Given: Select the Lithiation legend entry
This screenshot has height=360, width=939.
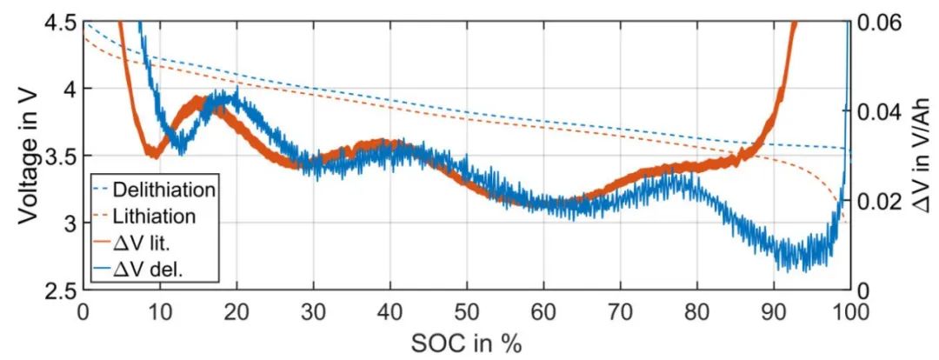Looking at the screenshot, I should point(166,215).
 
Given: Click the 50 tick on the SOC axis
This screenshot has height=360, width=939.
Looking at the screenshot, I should point(466,311).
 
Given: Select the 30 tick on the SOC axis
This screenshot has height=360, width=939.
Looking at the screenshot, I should point(313,311).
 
